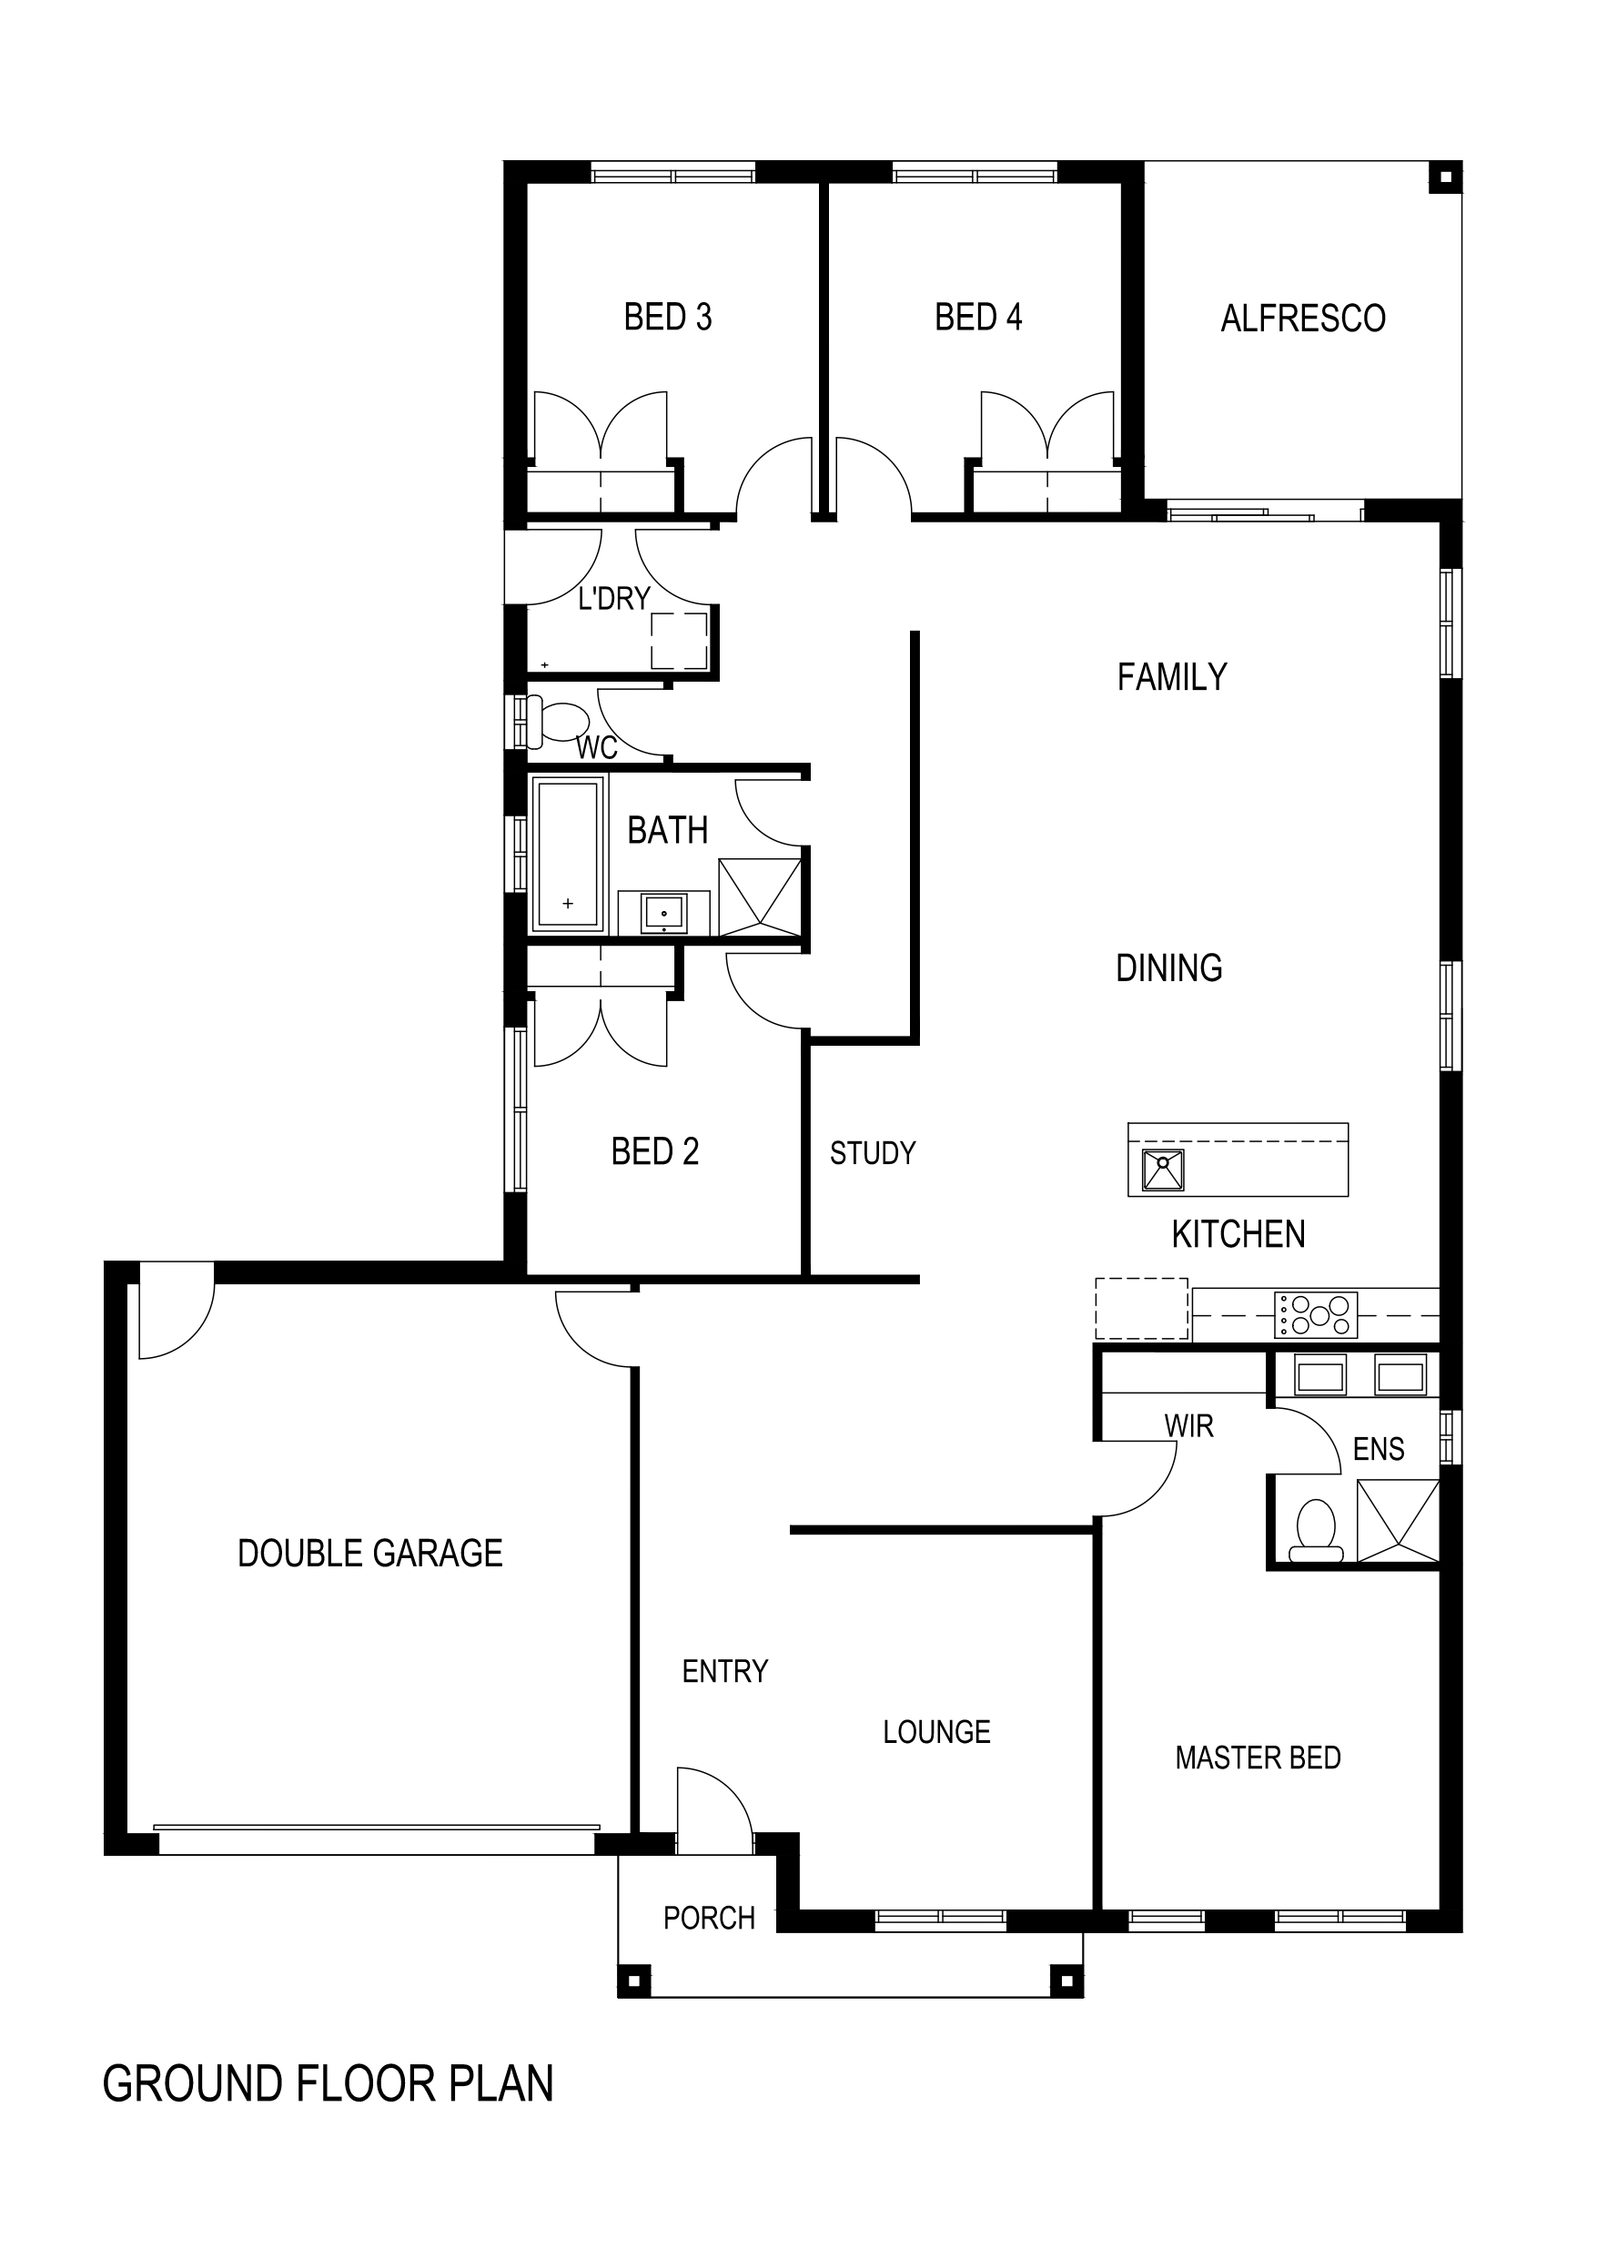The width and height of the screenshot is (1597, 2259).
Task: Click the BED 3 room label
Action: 667,317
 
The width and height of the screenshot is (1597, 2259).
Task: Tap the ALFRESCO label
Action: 1303,318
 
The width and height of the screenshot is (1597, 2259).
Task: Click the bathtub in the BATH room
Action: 567,853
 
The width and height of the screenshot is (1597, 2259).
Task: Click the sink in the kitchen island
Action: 1162,1170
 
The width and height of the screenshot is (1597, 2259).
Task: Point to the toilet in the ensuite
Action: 1316,1531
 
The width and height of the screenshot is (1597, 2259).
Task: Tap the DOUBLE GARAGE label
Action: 370,1553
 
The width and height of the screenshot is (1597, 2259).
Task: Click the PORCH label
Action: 709,1918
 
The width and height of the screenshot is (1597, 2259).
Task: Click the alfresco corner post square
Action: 1444,177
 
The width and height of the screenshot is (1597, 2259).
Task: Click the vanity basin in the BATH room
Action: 664,913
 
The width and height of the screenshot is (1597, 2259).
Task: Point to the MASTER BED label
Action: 1258,1758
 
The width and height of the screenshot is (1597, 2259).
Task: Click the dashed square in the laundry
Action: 679,640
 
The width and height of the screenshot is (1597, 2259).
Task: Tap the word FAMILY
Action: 1172,677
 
